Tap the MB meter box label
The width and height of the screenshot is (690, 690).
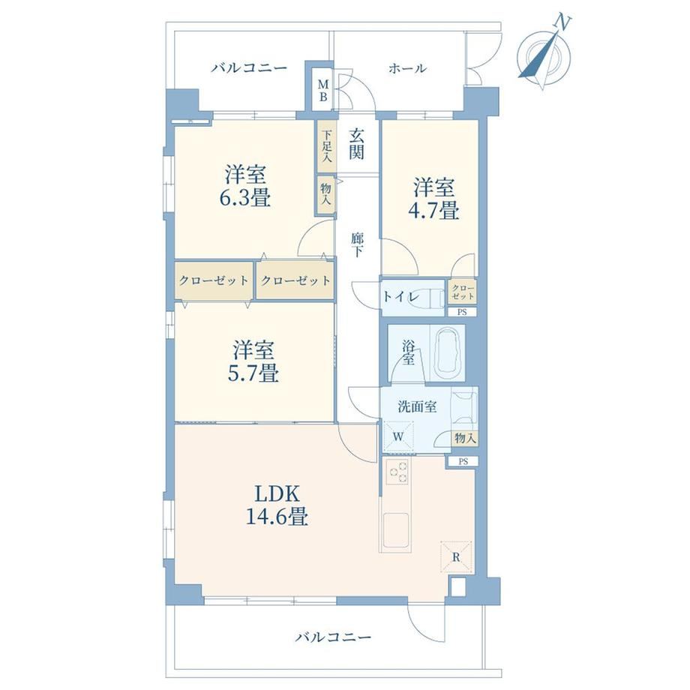pyautogui.click(x=323, y=90)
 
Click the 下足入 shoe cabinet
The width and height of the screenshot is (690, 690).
pyautogui.click(x=326, y=146)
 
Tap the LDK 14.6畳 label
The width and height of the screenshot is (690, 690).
pyautogui.click(x=277, y=505)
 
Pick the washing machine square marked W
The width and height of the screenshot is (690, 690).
pyautogui.click(x=398, y=436)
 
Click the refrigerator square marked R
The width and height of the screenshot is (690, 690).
pyautogui.click(x=456, y=556)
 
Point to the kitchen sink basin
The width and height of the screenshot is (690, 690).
pyautogui.click(x=395, y=529)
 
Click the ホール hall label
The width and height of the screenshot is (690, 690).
pyautogui.click(x=407, y=68)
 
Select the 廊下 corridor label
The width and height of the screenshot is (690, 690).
pyautogui.click(x=357, y=244)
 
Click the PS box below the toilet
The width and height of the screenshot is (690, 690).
pyautogui.click(x=462, y=312)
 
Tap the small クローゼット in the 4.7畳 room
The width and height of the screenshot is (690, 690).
pyautogui.click(x=463, y=291)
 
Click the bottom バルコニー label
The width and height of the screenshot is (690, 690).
pyautogui.click(x=333, y=637)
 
